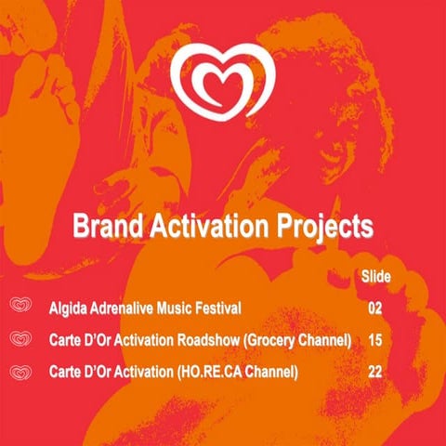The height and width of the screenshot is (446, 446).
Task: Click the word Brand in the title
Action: coord(105,226)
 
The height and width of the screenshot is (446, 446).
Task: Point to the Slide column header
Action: coord(374,276)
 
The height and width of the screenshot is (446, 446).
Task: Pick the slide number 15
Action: coord(375,340)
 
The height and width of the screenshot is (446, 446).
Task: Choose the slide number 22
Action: coord(375,373)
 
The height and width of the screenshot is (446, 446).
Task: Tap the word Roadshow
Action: coord(207,340)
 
